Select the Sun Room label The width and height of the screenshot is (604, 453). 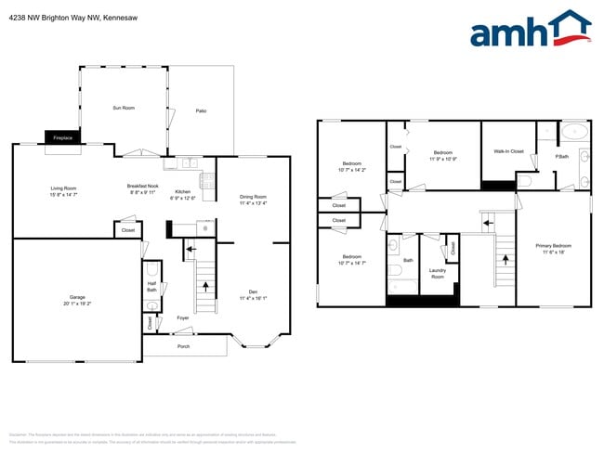click(124, 109)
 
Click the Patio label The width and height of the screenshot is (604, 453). click(201, 111)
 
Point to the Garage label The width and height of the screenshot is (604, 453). click(77, 299)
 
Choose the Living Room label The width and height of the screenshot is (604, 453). click(63, 188)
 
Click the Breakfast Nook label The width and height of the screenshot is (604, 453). click(143, 186)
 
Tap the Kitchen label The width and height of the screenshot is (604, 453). click(183, 192)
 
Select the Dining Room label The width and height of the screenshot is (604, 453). click(253, 197)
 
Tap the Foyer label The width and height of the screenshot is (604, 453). click(183, 318)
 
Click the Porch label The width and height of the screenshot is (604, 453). click(183, 347)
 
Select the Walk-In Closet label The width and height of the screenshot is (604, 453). click(503, 151)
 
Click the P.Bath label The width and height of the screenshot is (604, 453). click(561, 157)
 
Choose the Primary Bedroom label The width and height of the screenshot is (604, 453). click(554, 246)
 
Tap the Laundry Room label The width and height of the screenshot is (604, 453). click(437, 273)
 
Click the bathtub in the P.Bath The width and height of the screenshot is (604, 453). click(574, 130)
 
